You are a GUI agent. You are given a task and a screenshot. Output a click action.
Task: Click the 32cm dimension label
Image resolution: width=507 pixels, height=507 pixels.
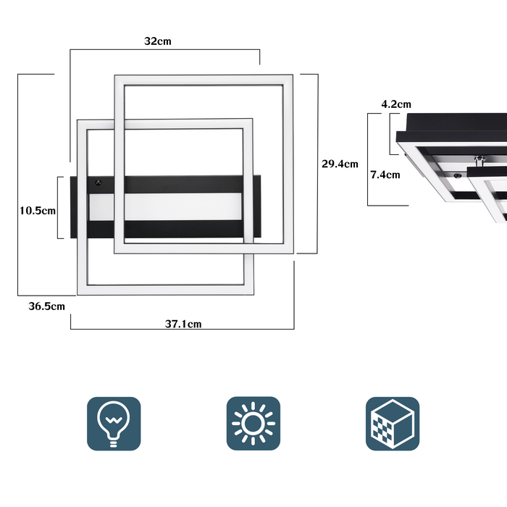(158, 41)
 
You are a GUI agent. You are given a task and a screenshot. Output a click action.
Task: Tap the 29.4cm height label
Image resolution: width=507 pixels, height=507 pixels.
(340, 164)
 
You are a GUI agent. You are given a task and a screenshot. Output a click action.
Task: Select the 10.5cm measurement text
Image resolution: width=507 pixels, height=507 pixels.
(38, 211)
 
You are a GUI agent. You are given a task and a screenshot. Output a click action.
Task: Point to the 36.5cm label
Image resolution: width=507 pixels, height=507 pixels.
(47, 306)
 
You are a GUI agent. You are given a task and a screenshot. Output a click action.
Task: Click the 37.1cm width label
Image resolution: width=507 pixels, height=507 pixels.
(183, 324)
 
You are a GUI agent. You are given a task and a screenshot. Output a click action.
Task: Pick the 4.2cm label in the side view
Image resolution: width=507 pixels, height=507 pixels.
(396, 104)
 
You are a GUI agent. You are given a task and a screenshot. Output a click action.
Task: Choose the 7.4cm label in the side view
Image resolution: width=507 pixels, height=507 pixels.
(385, 174)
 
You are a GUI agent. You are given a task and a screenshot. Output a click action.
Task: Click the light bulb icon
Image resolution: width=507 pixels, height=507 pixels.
(114, 423)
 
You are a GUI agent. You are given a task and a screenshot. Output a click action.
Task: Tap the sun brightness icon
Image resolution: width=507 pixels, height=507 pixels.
(253, 423)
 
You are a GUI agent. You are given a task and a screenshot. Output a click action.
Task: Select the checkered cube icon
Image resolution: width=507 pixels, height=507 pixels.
(392, 423)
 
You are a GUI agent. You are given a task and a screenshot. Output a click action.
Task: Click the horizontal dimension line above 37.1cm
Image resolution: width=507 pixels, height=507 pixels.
(181, 330)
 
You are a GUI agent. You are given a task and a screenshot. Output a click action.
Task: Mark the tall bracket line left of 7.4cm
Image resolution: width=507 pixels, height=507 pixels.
(368, 159)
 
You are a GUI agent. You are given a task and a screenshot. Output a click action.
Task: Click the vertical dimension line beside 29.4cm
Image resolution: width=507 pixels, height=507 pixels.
(318, 164)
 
